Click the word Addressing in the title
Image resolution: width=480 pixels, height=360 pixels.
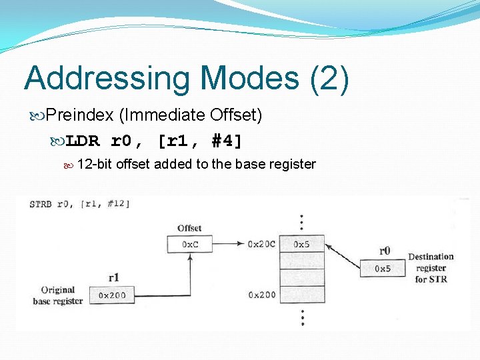click(x=106, y=78)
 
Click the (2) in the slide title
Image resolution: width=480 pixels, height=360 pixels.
click(x=329, y=78)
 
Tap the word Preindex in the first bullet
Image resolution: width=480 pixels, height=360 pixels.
click(x=80, y=115)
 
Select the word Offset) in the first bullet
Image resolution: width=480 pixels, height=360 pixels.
click(x=236, y=115)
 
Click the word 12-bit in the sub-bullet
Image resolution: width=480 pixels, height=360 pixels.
click(x=95, y=164)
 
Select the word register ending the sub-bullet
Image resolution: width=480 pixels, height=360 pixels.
click(x=291, y=164)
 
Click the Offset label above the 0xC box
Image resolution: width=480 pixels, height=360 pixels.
click(x=189, y=228)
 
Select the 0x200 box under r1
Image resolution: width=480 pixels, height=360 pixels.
click(x=113, y=295)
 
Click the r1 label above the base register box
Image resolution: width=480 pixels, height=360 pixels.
click(x=113, y=277)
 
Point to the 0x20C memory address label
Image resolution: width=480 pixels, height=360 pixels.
click(x=261, y=245)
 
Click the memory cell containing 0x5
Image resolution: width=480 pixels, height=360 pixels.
click(x=302, y=245)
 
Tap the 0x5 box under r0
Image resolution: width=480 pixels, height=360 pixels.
click(x=383, y=269)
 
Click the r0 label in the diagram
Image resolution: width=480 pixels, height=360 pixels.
click(x=385, y=251)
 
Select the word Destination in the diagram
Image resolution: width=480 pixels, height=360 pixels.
click(x=431, y=257)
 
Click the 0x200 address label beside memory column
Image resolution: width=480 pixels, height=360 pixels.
click(x=262, y=295)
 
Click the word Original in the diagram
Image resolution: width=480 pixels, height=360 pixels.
click(x=57, y=290)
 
